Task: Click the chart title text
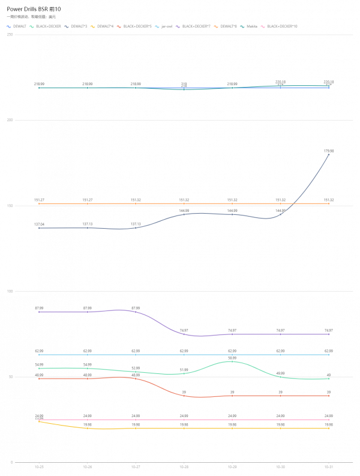(x=31, y=17)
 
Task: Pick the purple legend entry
(x=193, y=26)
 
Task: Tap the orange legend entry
(x=226, y=26)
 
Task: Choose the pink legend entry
(x=280, y=26)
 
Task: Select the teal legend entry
(x=250, y=26)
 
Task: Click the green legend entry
(x=46, y=26)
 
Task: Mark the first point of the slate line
(x=39, y=228)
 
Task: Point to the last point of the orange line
(x=329, y=203)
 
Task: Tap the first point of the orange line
(x=39, y=203)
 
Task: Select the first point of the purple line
(x=39, y=312)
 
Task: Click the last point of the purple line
(x=329, y=334)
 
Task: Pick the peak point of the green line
(x=232, y=361)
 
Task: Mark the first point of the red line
(x=39, y=379)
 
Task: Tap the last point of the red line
(x=329, y=396)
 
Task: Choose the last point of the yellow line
(x=329, y=428)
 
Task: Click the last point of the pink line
(x=329, y=420)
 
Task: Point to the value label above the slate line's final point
(x=329, y=151)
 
